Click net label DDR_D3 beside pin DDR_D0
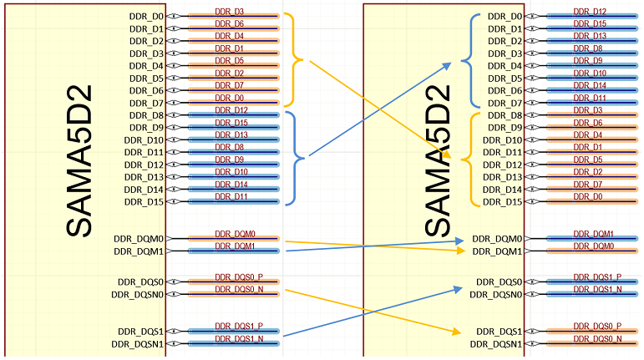click(x=229, y=12)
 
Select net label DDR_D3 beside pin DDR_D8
click(x=588, y=110)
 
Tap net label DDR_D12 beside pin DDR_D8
click(x=231, y=110)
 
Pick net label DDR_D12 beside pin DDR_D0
click(x=590, y=12)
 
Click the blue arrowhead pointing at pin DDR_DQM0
click(x=459, y=241)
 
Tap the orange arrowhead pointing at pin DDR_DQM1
click(x=460, y=251)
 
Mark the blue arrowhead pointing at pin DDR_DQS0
click(x=458, y=289)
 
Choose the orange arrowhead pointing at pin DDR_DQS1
click(x=456, y=331)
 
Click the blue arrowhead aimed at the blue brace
click(x=447, y=66)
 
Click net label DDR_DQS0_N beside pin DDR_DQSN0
click(x=239, y=289)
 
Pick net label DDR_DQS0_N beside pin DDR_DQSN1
click(x=597, y=338)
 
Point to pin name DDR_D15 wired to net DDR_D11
click(x=144, y=202)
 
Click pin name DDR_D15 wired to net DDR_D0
click(x=502, y=202)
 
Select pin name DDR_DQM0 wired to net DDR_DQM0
click(x=139, y=239)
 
